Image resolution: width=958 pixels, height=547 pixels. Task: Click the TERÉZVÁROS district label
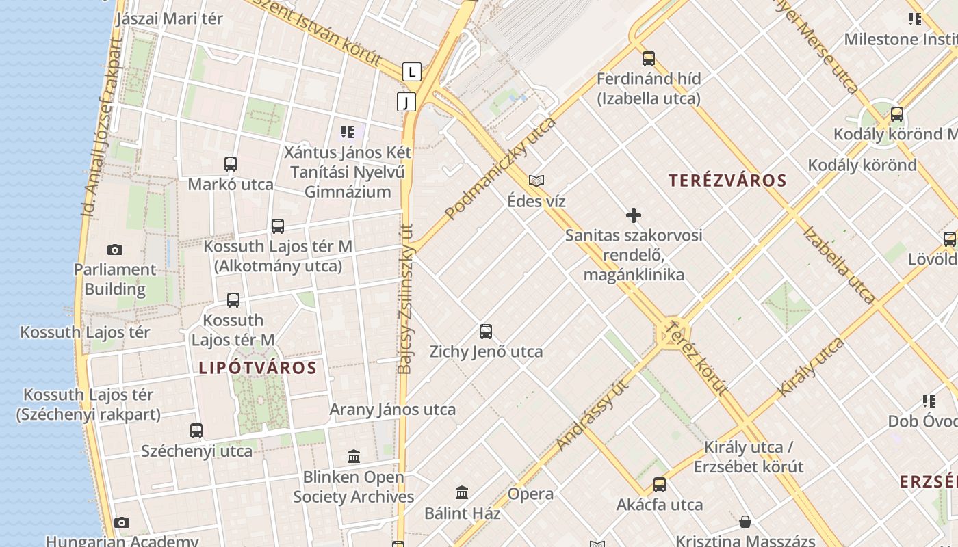point(727,181)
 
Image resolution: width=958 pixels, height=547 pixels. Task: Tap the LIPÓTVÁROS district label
point(258,368)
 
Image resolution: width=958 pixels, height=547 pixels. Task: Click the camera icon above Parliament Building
point(115,250)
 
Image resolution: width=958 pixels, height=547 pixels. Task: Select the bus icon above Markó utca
point(231,164)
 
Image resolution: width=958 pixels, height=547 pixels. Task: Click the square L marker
point(411,71)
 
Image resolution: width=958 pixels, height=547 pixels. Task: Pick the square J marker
point(406,103)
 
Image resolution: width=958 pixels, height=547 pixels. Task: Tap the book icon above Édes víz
point(536,181)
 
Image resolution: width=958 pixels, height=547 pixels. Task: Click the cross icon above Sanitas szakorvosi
point(634,215)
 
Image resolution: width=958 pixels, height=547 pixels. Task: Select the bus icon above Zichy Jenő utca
point(486,332)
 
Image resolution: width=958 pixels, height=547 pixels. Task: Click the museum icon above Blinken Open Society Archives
point(354,456)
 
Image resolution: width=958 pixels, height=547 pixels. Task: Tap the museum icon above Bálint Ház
point(462,492)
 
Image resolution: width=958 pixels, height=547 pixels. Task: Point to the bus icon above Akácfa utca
point(660,485)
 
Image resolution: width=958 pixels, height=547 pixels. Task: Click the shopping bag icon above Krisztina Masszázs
point(745,522)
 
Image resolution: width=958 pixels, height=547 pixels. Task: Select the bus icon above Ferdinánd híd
point(648,59)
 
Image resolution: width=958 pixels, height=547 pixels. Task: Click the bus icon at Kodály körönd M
point(896,114)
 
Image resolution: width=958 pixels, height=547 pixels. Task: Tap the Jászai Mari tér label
point(169,18)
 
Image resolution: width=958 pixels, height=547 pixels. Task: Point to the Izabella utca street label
point(838,265)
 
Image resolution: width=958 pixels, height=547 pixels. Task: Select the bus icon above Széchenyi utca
point(196,431)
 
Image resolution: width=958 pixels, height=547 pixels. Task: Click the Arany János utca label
point(393,410)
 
